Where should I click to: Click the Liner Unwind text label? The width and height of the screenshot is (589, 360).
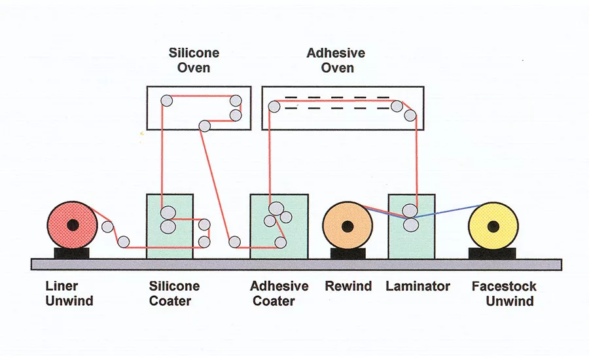click(69, 293)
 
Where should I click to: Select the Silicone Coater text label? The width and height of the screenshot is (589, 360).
click(174, 293)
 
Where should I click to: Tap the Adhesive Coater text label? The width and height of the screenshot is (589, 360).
click(279, 293)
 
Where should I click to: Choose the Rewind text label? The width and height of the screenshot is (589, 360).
click(348, 286)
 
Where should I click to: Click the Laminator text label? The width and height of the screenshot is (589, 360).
click(418, 286)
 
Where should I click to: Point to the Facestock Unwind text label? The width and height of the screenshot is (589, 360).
click(504, 293)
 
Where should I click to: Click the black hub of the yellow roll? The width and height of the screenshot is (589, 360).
click(495, 226)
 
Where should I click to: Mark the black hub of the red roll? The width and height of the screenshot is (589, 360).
click(73, 225)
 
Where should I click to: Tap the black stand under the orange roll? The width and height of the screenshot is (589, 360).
click(348, 253)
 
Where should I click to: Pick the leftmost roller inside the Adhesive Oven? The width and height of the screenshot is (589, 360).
click(274, 106)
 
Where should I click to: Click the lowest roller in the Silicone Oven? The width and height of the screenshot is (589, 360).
click(204, 126)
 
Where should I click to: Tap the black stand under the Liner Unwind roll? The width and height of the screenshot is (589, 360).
click(72, 253)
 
